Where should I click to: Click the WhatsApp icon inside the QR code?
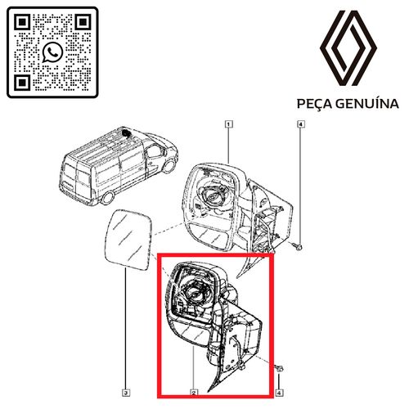click(x=52, y=52)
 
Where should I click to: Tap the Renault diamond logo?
click(x=348, y=48)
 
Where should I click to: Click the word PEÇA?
click(x=313, y=104)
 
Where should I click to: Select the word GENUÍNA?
click(x=366, y=103)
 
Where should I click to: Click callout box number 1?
click(x=229, y=124)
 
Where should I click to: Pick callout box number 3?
click(x=126, y=393)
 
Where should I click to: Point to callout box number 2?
click(x=194, y=393)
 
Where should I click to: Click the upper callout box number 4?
click(x=300, y=124)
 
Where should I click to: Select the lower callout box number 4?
click(x=279, y=393)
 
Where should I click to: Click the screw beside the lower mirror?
click(x=279, y=369)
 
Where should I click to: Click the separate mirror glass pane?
click(x=128, y=240)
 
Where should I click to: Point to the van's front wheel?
click(x=169, y=166)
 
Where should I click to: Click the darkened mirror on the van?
click(x=126, y=133)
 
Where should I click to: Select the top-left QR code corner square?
click(x=22, y=22)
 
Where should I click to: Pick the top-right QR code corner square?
click(x=83, y=22)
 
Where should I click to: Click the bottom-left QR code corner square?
click(x=22, y=83)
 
